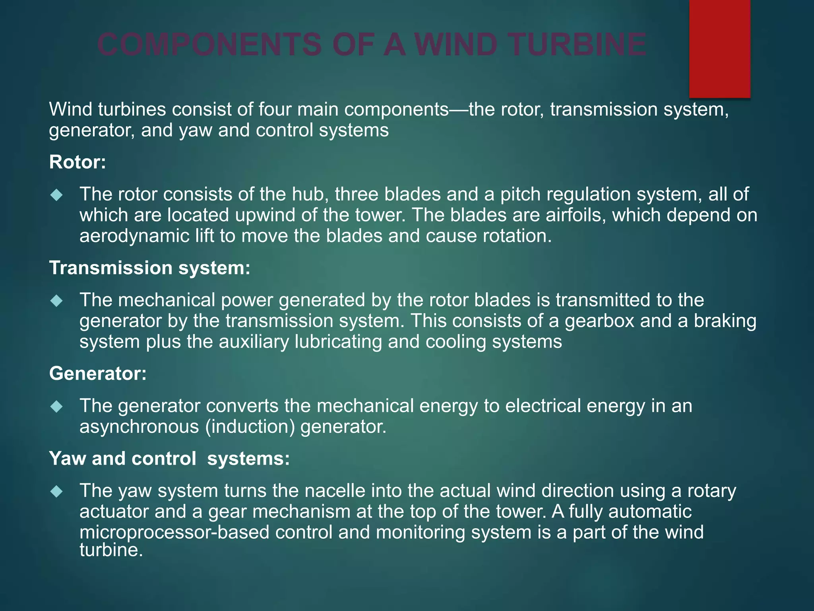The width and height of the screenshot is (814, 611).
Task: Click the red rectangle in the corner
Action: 719,49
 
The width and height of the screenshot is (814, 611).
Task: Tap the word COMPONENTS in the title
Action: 209,45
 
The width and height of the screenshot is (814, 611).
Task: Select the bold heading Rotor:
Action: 78,162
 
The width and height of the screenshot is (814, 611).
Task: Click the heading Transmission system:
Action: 150,268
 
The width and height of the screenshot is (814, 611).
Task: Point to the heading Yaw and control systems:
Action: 169,459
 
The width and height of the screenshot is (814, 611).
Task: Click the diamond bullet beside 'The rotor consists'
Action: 57,195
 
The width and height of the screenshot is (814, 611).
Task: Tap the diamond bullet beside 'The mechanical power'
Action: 57,301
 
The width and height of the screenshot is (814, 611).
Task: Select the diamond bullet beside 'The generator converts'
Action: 57,407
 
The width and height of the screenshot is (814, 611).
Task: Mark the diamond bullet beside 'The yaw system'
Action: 57,491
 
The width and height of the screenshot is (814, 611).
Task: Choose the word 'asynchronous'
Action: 139,427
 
